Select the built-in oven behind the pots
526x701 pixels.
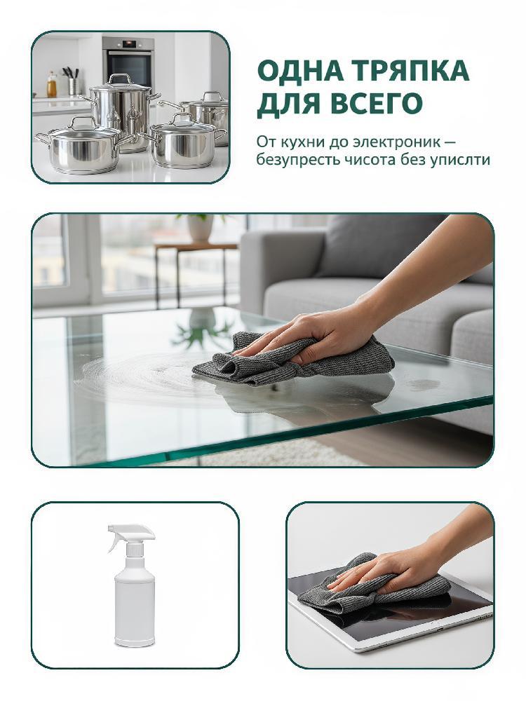128,61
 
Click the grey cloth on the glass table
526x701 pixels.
293,360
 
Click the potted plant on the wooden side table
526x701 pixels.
200,228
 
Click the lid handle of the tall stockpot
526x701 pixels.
121,79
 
